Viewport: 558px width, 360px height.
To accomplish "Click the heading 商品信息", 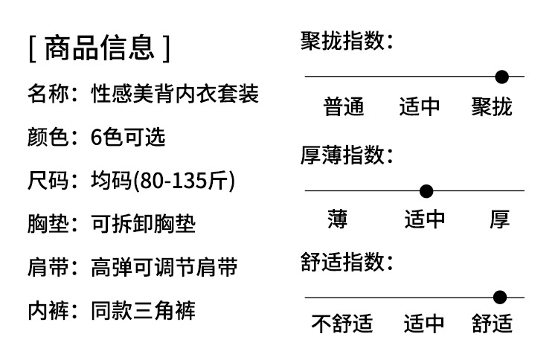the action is click(99, 48).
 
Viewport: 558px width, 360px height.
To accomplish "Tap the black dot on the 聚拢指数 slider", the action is click(502, 76).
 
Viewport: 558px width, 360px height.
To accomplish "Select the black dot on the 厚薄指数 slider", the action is click(426, 191).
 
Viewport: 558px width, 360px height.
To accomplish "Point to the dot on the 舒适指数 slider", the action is click(500, 298).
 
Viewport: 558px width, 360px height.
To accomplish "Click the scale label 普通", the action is click(344, 107).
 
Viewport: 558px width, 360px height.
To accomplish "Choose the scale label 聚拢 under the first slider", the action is click(492, 107).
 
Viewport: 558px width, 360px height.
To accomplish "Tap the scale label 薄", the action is click(337, 219).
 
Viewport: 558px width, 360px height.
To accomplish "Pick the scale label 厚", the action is click(499, 219).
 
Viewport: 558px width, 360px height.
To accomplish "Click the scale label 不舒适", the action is click(341, 324).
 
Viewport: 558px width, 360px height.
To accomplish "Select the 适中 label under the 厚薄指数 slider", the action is click(425, 219).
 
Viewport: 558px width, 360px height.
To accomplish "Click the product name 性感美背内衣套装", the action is click(175, 94).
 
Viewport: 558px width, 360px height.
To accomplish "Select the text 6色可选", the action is click(128, 137).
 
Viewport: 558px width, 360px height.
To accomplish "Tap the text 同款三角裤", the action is click(143, 309).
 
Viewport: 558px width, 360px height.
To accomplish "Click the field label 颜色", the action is click(49, 137).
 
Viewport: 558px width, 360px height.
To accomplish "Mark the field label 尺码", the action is click(49, 180).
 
